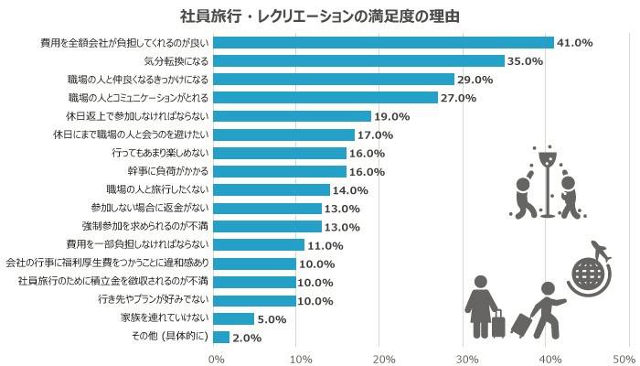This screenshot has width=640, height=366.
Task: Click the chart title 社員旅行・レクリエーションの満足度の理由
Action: pyautogui.click(x=319, y=16)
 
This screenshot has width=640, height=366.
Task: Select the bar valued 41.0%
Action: pyautogui.click(x=383, y=42)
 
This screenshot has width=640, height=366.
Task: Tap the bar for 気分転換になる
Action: pyautogui.click(x=358, y=60)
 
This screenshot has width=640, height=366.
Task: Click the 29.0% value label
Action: pyautogui.click(x=475, y=80)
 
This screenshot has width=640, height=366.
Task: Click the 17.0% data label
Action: pyautogui.click(x=374, y=135)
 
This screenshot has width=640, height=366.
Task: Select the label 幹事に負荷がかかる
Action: pyautogui.click(x=168, y=171)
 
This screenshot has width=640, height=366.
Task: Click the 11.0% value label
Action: pyautogui.click(x=325, y=245)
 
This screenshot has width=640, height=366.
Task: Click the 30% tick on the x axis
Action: pyautogui.click(x=466, y=358)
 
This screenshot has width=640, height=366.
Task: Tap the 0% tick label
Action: pyautogui.click(x=216, y=358)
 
